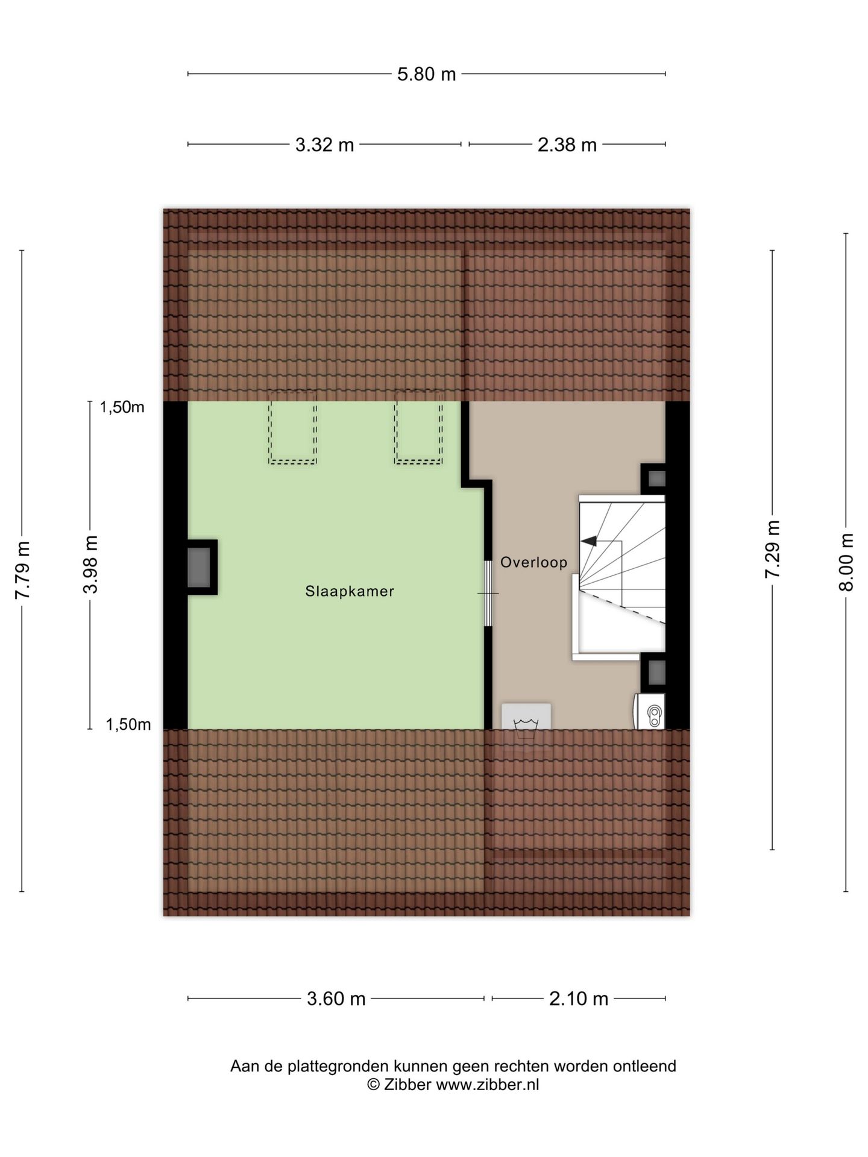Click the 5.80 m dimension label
[x=426, y=74]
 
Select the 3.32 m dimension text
[x=324, y=145]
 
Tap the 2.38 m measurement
[x=567, y=145]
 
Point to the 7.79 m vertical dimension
[x=22, y=570]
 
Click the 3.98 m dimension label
[x=90, y=564]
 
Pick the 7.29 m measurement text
[x=772, y=549]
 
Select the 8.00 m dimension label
[x=846, y=562]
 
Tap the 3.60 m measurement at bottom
[x=336, y=999]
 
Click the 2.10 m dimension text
[x=579, y=999]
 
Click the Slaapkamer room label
[x=350, y=591]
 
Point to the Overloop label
[x=534, y=562]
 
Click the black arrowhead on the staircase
[x=588, y=541]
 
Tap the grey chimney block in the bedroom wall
[x=199, y=567]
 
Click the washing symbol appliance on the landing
[x=526, y=716]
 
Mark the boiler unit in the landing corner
[x=649, y=711]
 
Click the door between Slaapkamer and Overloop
[x=488, y=594]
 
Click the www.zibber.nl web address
[x=487, y=1085]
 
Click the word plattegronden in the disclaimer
[x=337, y=1067]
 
